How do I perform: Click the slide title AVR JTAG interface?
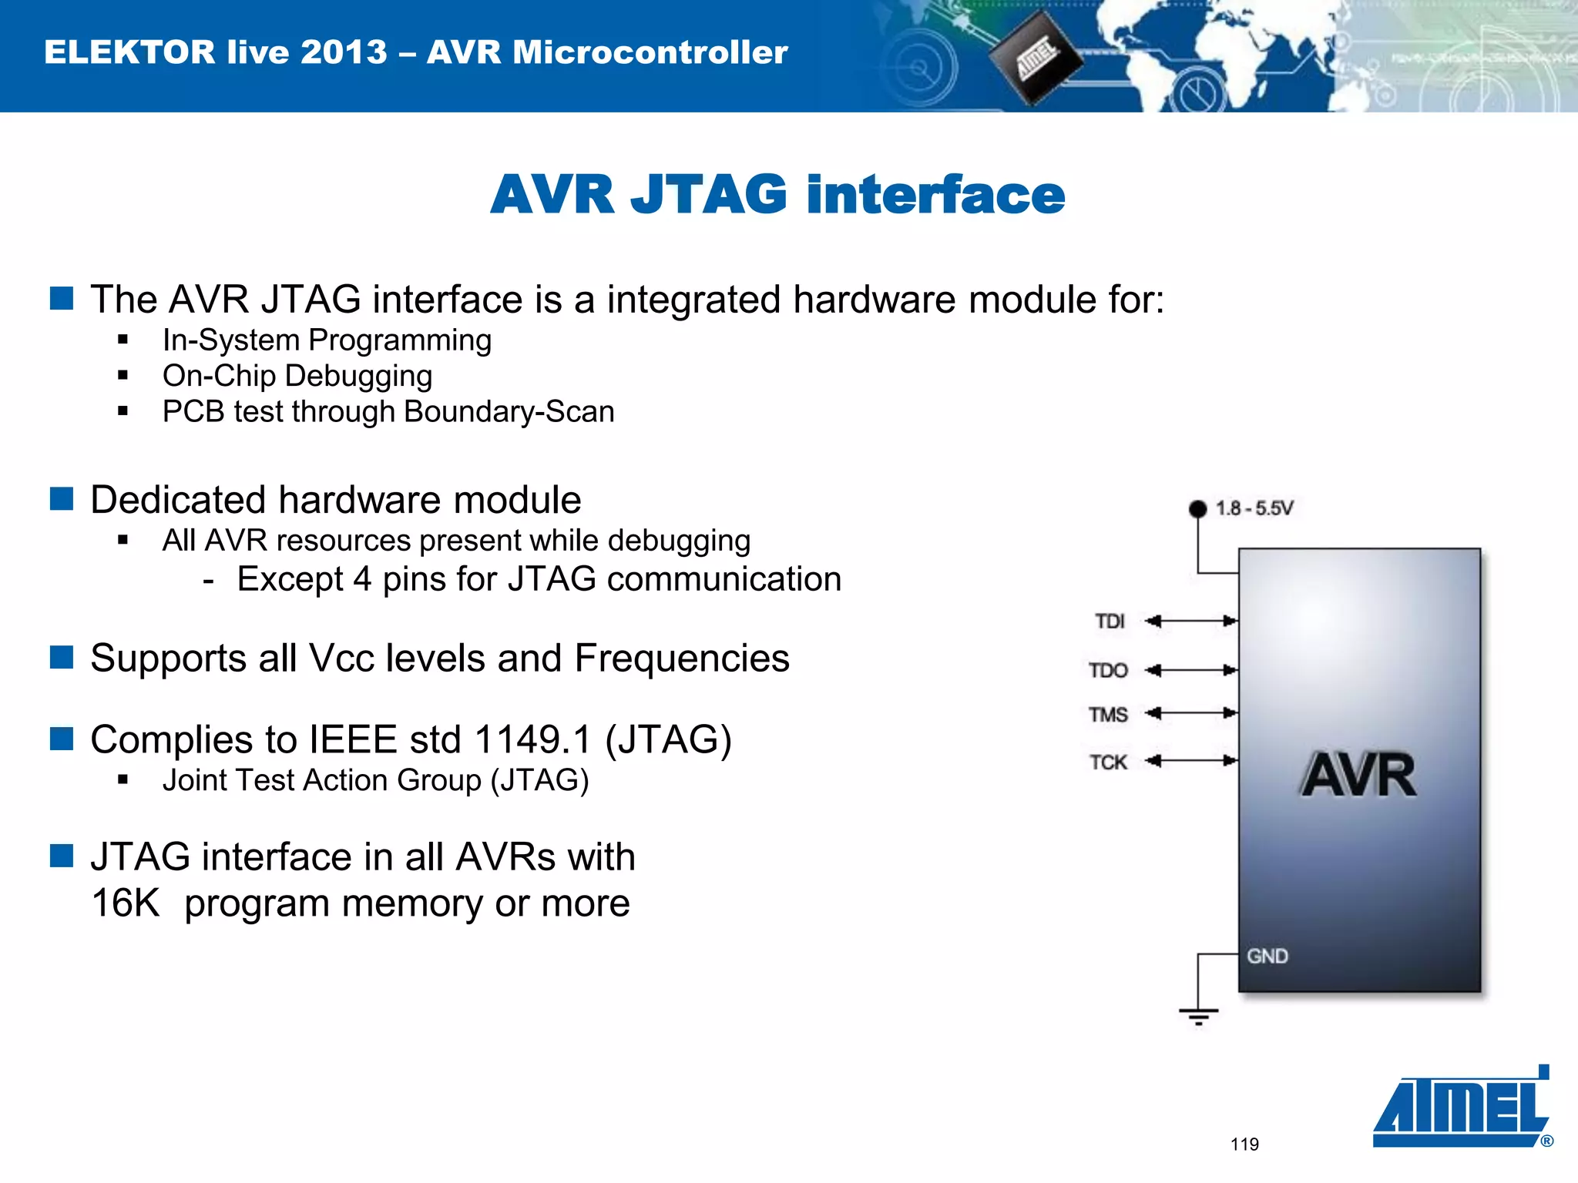[777, 194]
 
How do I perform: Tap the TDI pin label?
[1110, 621]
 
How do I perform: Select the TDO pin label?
[1108, 670]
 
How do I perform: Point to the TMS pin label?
[1108, 715]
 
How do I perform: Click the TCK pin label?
[1108, 762]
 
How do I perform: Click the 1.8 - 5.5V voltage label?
[1254, 508]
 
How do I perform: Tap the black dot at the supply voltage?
[1197, 509]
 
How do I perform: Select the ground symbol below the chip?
[1198, 1016]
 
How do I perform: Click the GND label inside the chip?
[1267, 956]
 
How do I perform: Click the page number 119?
[1244, 1144]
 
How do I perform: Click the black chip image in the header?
[1035, 58]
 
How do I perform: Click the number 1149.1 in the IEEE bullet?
[532, 739]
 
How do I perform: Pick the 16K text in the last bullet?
[125, 903]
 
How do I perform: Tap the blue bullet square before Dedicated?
[62, 499]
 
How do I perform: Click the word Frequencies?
[681, 659]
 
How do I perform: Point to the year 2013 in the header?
[344, 52]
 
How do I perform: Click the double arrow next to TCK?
[1190, 761]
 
